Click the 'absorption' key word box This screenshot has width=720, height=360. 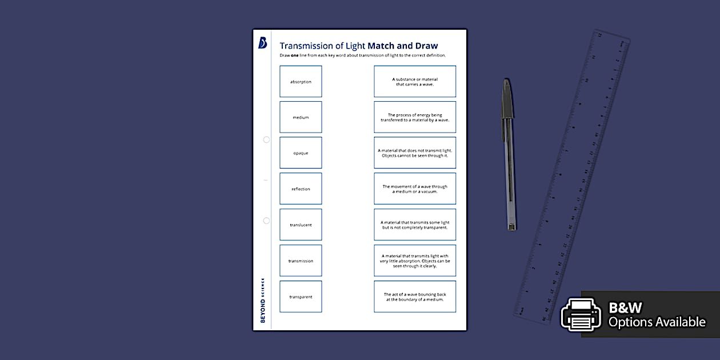click(301, 81)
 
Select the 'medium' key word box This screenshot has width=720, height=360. click(301, 117)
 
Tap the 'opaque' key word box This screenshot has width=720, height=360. click(301, 153)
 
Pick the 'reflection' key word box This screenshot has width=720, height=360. click(301, 189)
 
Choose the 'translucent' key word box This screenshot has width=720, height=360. click(301, 225)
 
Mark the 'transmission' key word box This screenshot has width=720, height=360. click(301, 261)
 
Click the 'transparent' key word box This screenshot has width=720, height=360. click(301, 297)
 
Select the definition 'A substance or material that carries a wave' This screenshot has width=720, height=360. click(415, 81)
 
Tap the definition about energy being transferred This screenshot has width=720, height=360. click(415, 117)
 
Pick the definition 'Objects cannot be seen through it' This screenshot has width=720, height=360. click(415, 153)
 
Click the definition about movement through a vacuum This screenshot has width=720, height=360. click(415, 189)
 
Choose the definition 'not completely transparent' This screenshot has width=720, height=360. click(415, 225)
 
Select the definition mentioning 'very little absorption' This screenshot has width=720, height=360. click(415, 261)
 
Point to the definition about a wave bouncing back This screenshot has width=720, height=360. click(415, 297)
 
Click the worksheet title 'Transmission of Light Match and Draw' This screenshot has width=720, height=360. click(358, 46)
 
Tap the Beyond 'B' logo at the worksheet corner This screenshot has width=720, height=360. click(262, 43)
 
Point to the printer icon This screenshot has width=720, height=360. click(581, 314)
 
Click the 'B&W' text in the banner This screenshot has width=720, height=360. click(625, 308)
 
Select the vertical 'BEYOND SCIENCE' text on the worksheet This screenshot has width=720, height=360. click(263, 300)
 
